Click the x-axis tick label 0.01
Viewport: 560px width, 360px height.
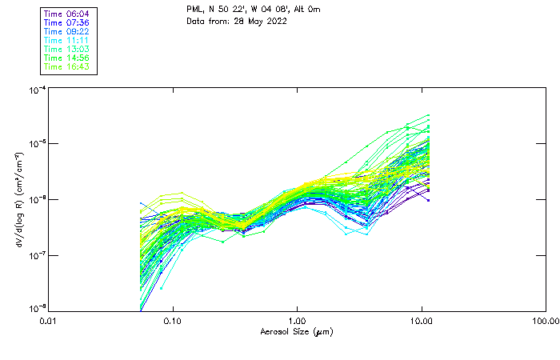point(49,321)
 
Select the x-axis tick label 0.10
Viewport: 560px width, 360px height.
point(173,321)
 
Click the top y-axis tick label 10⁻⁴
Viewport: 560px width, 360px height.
point(35,90)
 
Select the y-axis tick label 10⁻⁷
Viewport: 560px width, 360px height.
point(35,255)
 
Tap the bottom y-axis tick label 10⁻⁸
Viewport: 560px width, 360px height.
point(35,308)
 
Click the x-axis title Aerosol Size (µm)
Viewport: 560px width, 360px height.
point(297,331)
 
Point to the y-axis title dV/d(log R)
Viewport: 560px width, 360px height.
point(18,199)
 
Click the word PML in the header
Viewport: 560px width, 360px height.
point(195,10)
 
